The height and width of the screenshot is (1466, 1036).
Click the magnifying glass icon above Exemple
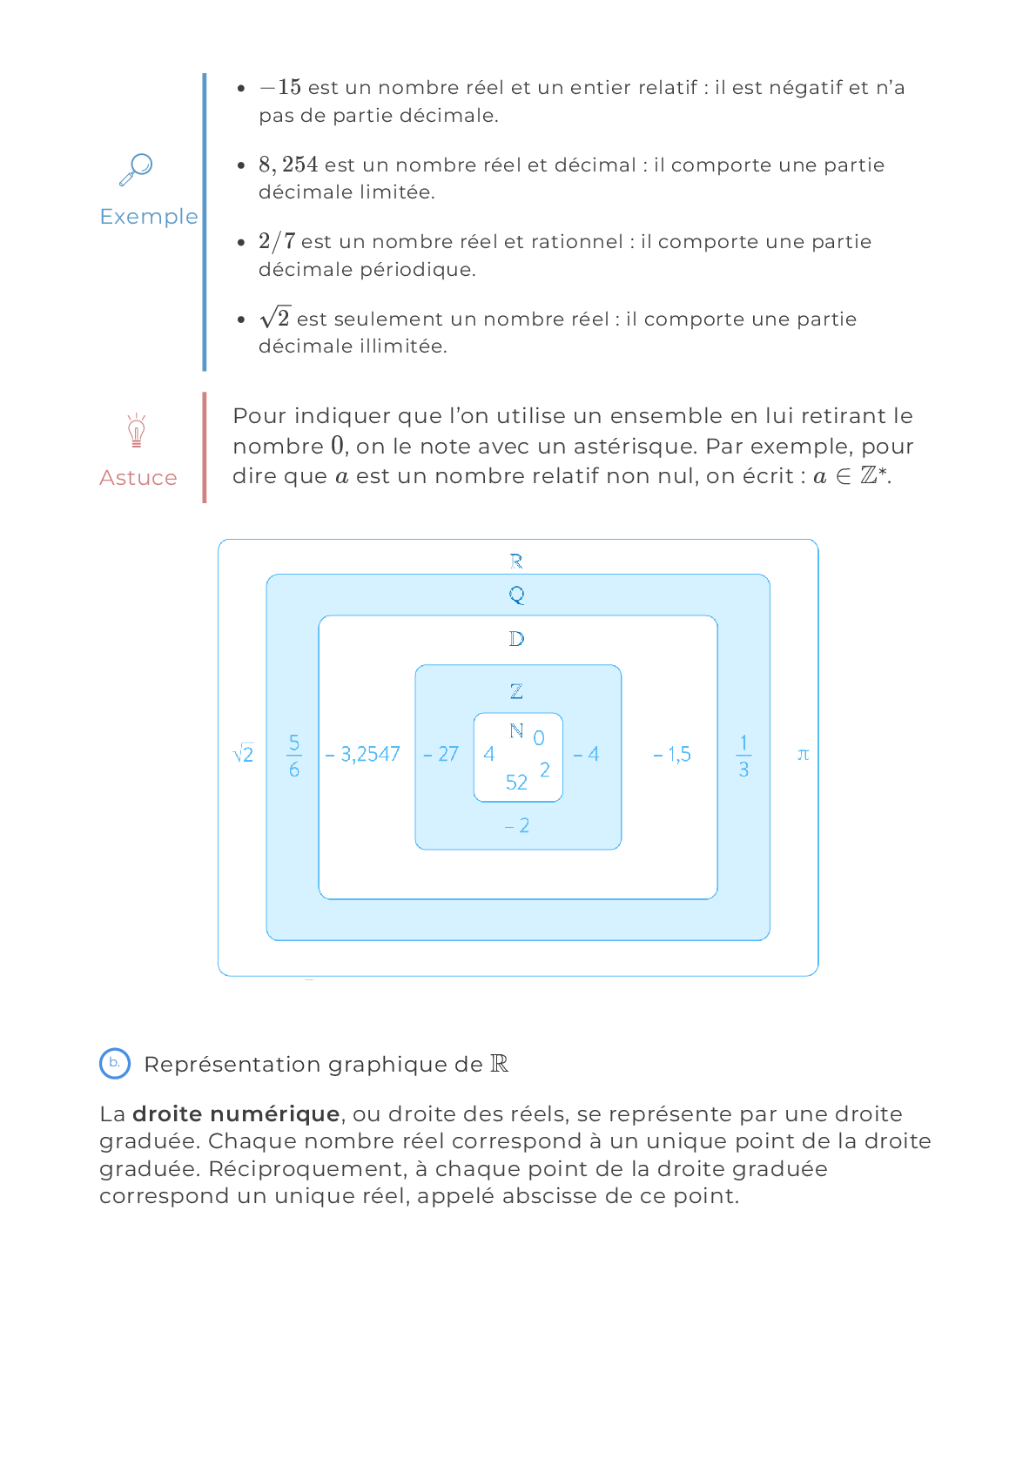coord(136,170)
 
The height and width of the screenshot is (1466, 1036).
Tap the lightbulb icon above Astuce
coord(136,430)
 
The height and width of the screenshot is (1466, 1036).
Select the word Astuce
coord(138,478)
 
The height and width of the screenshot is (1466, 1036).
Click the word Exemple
coord(149,217)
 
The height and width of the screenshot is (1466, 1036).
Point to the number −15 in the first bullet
coord(280,87)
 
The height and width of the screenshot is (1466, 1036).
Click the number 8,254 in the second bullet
coord(289,165)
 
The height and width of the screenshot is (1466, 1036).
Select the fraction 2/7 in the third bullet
coord(277,241)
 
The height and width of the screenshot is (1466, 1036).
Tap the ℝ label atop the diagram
coord(516,561)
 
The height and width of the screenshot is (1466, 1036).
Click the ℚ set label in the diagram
coord(516,595)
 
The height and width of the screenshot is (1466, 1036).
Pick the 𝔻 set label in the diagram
coord(516,639)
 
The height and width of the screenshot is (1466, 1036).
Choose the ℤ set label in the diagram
coord(516,690)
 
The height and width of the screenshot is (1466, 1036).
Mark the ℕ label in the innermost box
coord(516,730)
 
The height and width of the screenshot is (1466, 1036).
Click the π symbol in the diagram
coord(803,755)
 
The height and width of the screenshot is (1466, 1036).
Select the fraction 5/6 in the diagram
coord(294,756)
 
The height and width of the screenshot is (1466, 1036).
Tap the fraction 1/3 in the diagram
coord(743,756)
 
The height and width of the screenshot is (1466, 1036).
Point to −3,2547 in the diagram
coord(362,755)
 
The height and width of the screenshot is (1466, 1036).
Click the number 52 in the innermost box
coord(516,782)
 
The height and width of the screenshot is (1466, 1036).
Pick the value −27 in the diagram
coord(441,754)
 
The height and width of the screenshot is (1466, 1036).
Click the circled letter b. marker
coord(115,1064)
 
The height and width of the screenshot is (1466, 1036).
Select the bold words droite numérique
coord(236,1114)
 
